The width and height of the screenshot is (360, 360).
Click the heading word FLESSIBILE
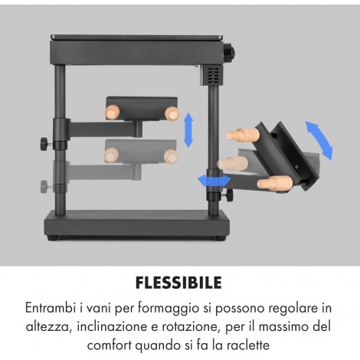point(178,283)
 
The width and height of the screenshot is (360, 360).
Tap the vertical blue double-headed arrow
point(188,130)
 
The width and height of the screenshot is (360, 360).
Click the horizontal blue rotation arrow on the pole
point(214,181)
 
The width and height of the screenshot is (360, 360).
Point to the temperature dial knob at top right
point(230,52)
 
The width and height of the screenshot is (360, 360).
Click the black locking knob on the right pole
point(229,195)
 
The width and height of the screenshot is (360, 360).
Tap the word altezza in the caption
point(48,326)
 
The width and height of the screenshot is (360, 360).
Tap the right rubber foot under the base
point(220,238)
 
